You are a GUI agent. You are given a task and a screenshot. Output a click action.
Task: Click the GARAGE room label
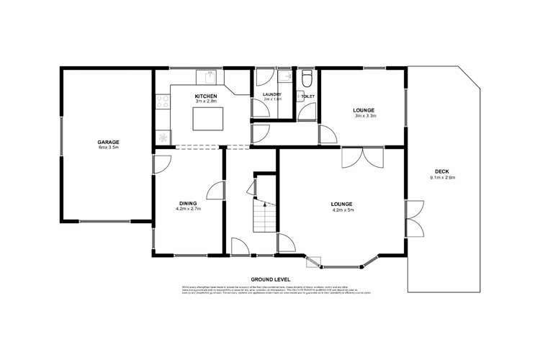tap(108, 142)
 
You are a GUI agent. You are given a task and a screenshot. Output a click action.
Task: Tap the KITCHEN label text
tap(206, 96)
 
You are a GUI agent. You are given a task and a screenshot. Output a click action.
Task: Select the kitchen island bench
tap(208, 118)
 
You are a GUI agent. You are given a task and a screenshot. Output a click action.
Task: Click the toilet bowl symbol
tap(307, 77)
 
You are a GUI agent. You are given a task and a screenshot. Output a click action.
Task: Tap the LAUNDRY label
tap(271, 95)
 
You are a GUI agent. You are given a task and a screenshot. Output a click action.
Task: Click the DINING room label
tap(187, 203)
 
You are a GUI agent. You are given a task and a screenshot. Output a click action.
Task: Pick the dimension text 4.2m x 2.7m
tap(187, 210)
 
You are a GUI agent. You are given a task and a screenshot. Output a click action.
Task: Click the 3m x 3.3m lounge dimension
tap(364, 116)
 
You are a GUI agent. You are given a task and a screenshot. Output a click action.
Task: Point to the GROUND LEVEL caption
tap(270, 278)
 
